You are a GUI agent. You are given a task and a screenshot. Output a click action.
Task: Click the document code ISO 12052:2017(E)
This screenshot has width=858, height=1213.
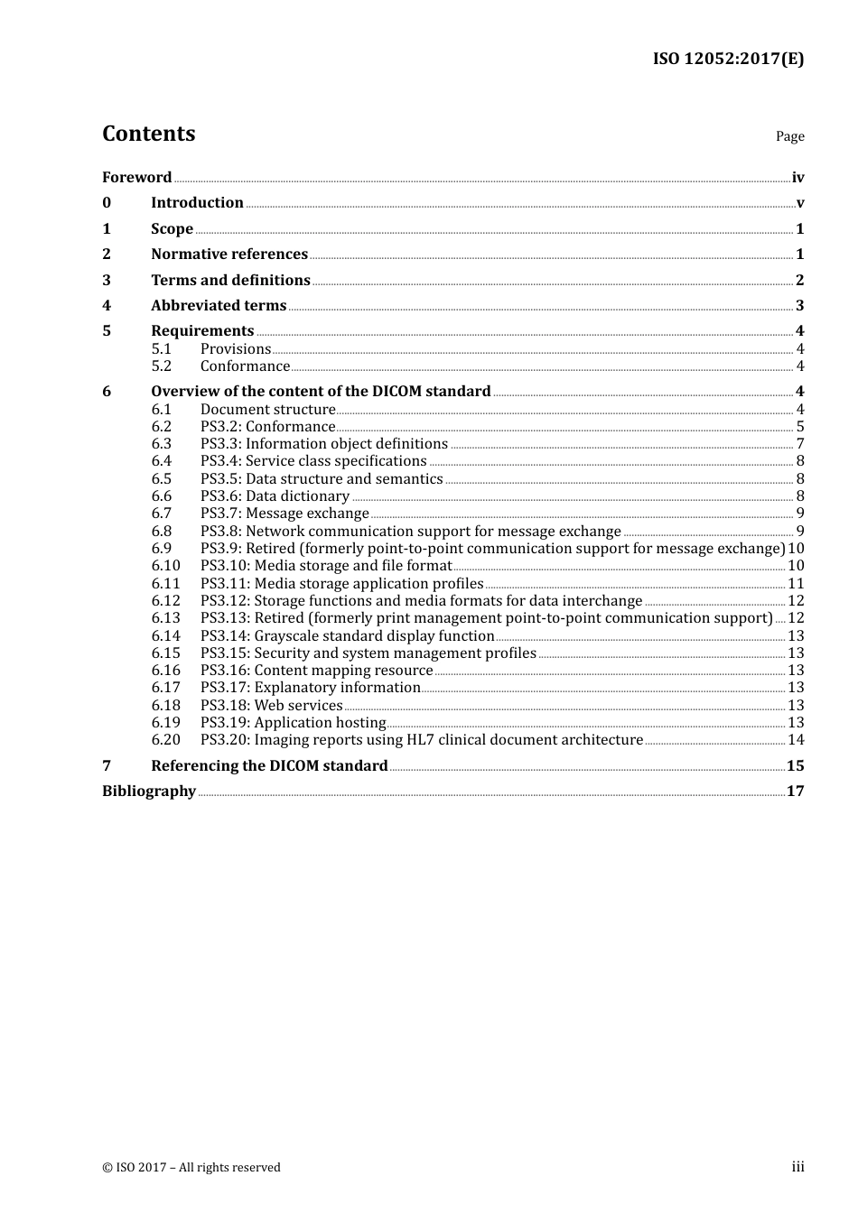click(x=728, y=60)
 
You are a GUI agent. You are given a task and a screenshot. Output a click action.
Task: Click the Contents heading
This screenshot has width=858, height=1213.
click(x=148, y=134)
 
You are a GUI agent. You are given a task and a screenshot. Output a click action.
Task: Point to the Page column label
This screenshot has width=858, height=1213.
click(x=789, y=136)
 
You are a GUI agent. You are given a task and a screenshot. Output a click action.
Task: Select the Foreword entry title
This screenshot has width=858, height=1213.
click(x=136, y=178)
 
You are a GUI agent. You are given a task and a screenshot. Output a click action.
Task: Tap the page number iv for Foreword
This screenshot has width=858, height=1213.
click(x=797, y=178)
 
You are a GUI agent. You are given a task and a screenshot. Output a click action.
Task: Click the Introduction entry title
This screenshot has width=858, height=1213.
click(x=197, y=203)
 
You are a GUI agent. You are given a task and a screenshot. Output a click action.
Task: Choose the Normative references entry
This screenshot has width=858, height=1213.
click(x=229, y=255)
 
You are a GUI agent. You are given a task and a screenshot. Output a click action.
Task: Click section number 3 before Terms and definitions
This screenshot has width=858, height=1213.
click(x=107, y=281)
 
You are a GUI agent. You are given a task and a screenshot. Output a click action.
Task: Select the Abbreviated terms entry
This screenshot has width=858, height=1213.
click(x=219, y=306)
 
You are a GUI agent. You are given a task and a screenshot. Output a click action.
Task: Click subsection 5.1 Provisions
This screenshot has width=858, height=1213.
click(x=236, y=349)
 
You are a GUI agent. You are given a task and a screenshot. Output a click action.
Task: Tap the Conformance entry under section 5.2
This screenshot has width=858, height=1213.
click(x=245, y=366)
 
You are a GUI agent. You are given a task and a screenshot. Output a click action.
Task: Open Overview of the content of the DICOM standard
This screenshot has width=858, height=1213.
click(x=321, y=392)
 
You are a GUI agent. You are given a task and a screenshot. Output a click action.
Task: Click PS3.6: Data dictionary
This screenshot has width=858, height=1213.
click(x=275, y=496)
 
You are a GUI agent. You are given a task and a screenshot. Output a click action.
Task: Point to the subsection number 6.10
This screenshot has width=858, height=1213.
click(x=166, y=566)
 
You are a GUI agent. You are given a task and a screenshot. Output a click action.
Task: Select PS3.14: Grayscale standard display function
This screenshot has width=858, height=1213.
click(x=347, y=636)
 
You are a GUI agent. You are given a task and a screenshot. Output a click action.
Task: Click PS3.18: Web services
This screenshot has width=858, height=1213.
click(x=271, y=706)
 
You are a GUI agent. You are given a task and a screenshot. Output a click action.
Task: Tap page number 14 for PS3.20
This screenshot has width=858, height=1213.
click(x=796, y=740)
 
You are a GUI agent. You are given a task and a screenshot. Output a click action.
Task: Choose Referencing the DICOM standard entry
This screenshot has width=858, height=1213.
click(x=269, y=766)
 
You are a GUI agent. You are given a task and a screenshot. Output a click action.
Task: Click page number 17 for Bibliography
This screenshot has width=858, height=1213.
click(x=795, y=792)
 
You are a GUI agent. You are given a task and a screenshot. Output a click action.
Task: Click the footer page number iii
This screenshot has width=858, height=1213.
click(x=797, y=1167)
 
